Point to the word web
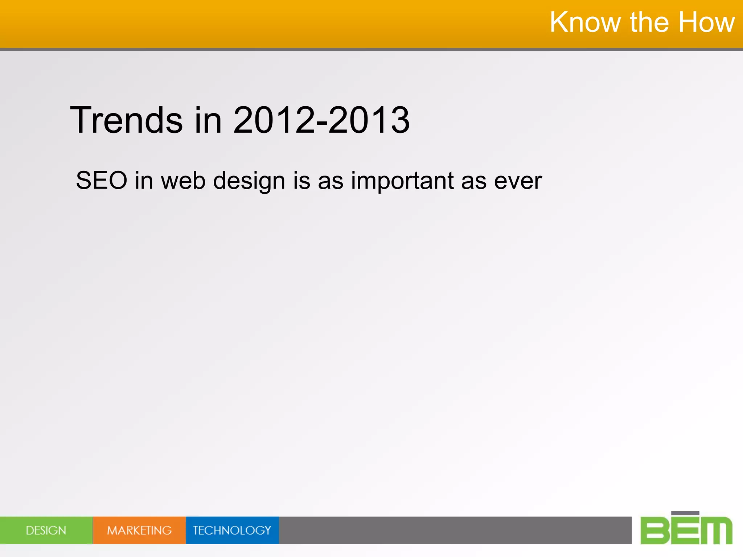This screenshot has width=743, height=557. click(183, 180)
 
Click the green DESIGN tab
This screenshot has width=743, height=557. click(46, 531)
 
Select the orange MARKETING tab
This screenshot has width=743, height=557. click(139, 531)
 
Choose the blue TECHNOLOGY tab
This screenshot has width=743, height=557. click(232, 531)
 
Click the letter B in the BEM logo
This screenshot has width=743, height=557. click(655, 531)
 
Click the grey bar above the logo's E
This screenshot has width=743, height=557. click(685, 513)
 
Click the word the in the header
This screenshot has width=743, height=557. click(649, 22)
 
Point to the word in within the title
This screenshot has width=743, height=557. click(208, 120)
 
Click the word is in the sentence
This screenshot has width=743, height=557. click(301, 180)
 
